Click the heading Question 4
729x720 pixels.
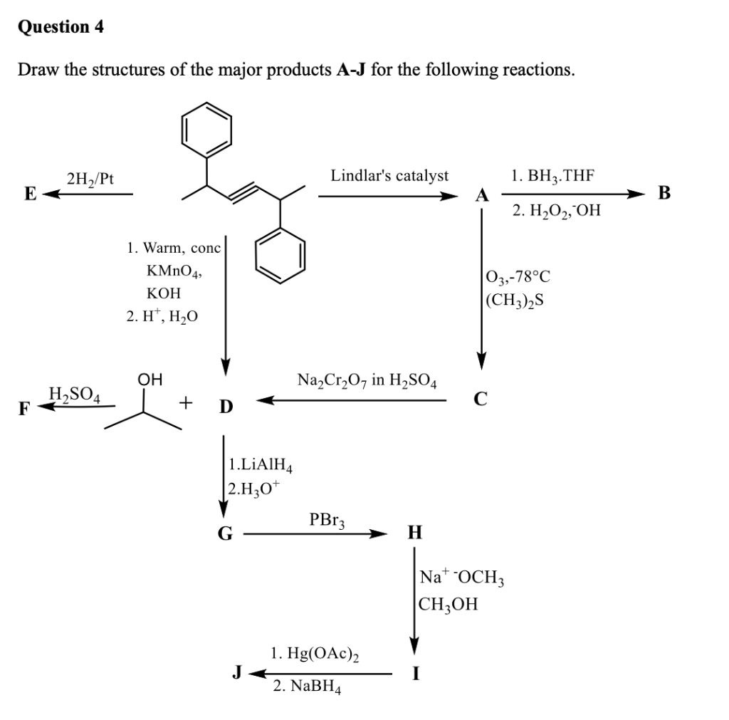(61, 27)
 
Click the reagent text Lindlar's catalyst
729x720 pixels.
(389, 175)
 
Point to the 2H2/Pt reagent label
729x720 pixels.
(89, 179)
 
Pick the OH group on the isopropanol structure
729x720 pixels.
(149, 380)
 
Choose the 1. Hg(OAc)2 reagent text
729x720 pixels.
(314, 653)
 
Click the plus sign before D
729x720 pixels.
(186, 405)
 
